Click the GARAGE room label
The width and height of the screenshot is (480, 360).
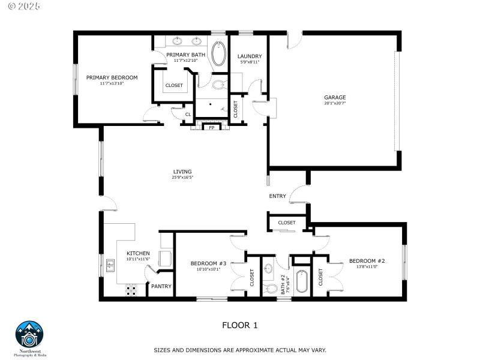coord(335,97)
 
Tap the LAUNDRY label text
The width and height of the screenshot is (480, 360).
coord(250,56)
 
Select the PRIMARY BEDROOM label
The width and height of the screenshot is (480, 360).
coord(112,77)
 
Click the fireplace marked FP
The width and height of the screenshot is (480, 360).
coord(211,127)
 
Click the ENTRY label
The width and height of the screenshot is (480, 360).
coord(277,196)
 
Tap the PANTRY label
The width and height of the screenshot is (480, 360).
coord(161,286)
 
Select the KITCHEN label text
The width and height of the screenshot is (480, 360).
coord(138,253)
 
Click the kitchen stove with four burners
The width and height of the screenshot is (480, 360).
coord(131,290)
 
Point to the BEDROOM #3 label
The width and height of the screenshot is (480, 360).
coord(208,263)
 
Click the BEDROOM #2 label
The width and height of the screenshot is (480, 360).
coord(367,260)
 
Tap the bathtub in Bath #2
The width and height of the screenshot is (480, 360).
coord(302,281)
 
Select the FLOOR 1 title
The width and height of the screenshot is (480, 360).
coord(240,325)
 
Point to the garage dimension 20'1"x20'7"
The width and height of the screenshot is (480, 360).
coord(335,103)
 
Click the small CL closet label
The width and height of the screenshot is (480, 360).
coord(188,114)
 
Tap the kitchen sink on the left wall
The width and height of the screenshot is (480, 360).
coord(110,264)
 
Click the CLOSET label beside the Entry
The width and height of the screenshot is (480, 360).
coord(287,223)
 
